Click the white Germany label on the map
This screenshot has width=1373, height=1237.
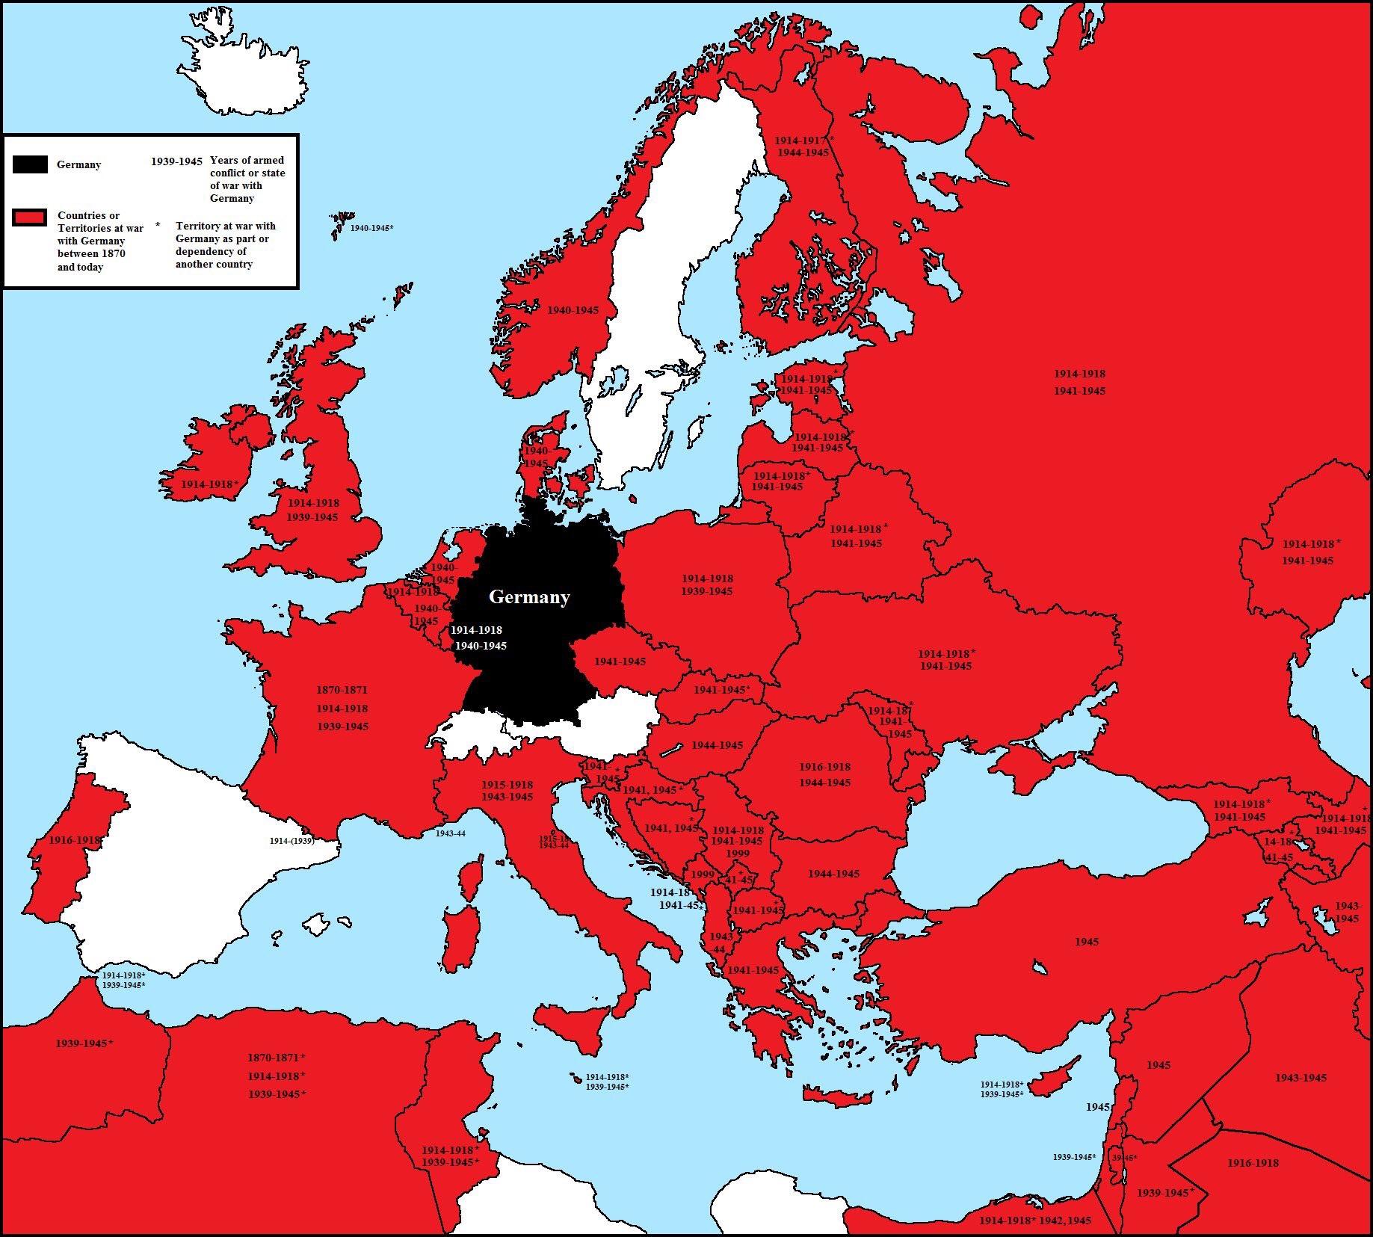pos(529,597)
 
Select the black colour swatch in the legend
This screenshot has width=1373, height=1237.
pos(30,165)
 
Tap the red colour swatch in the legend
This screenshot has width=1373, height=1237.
pos(30,218)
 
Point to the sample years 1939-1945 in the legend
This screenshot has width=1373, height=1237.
pos(176,161)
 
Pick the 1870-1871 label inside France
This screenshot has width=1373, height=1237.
pos(342,690)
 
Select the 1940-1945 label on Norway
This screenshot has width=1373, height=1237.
pos(573,310)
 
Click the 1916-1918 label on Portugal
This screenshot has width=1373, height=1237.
pos(74,840)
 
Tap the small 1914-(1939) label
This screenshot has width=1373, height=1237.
pos(291,841)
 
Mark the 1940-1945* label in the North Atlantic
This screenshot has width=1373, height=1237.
pos(371,228)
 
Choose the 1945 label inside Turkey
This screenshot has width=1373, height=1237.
pos(1087,942)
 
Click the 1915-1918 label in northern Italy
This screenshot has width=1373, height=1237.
pos(507,785)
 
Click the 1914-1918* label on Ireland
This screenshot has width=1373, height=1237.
pos(209,484)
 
